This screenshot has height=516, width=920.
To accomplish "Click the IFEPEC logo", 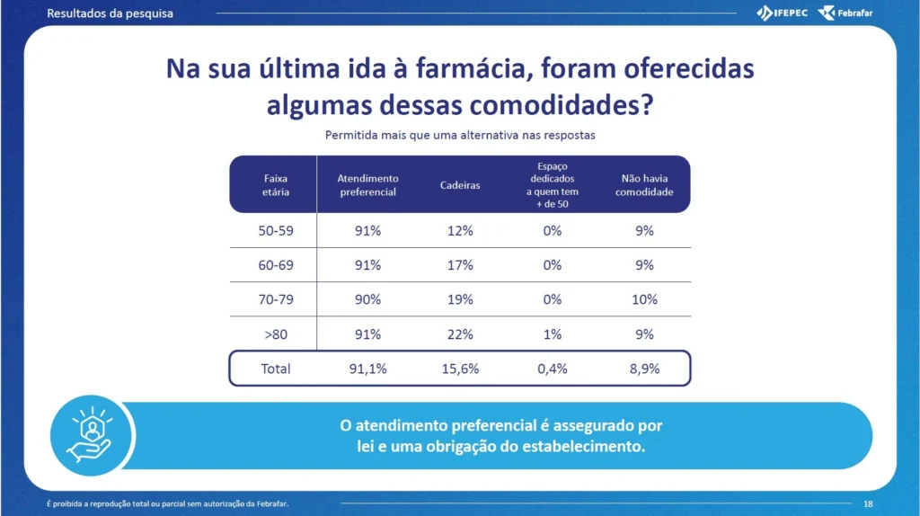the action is click(783, 13).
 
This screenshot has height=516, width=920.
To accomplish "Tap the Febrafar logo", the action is click(845, 13).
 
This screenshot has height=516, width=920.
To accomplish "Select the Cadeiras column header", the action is click(460, 185).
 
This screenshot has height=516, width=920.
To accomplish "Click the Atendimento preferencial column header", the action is click(367, 185).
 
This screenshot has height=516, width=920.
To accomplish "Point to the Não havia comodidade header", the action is click(644, 185).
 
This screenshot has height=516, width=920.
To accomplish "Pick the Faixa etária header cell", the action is click(275, 185).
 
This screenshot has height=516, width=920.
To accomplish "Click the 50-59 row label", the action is click(276, 231).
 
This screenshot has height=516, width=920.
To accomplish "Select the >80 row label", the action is click(276, 334).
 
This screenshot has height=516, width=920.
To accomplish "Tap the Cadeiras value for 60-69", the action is click(460, 265).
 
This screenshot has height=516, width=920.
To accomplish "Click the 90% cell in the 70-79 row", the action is click(367, 300).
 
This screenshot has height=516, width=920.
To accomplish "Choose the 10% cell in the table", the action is click(644, 300).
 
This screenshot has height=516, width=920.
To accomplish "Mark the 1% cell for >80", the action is click(553, 334).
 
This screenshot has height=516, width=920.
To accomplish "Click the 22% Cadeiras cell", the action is click(460, 334).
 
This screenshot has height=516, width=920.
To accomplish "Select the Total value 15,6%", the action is click(460, 369).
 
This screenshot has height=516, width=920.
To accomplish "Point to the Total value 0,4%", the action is click(553, 369).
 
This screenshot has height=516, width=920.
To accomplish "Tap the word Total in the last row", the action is click(276, 369).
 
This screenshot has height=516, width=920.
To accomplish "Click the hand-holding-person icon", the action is click(91, 434).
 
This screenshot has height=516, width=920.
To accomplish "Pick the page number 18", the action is click(868, 503).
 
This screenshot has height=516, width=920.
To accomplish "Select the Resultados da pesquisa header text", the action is click(110, 13).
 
